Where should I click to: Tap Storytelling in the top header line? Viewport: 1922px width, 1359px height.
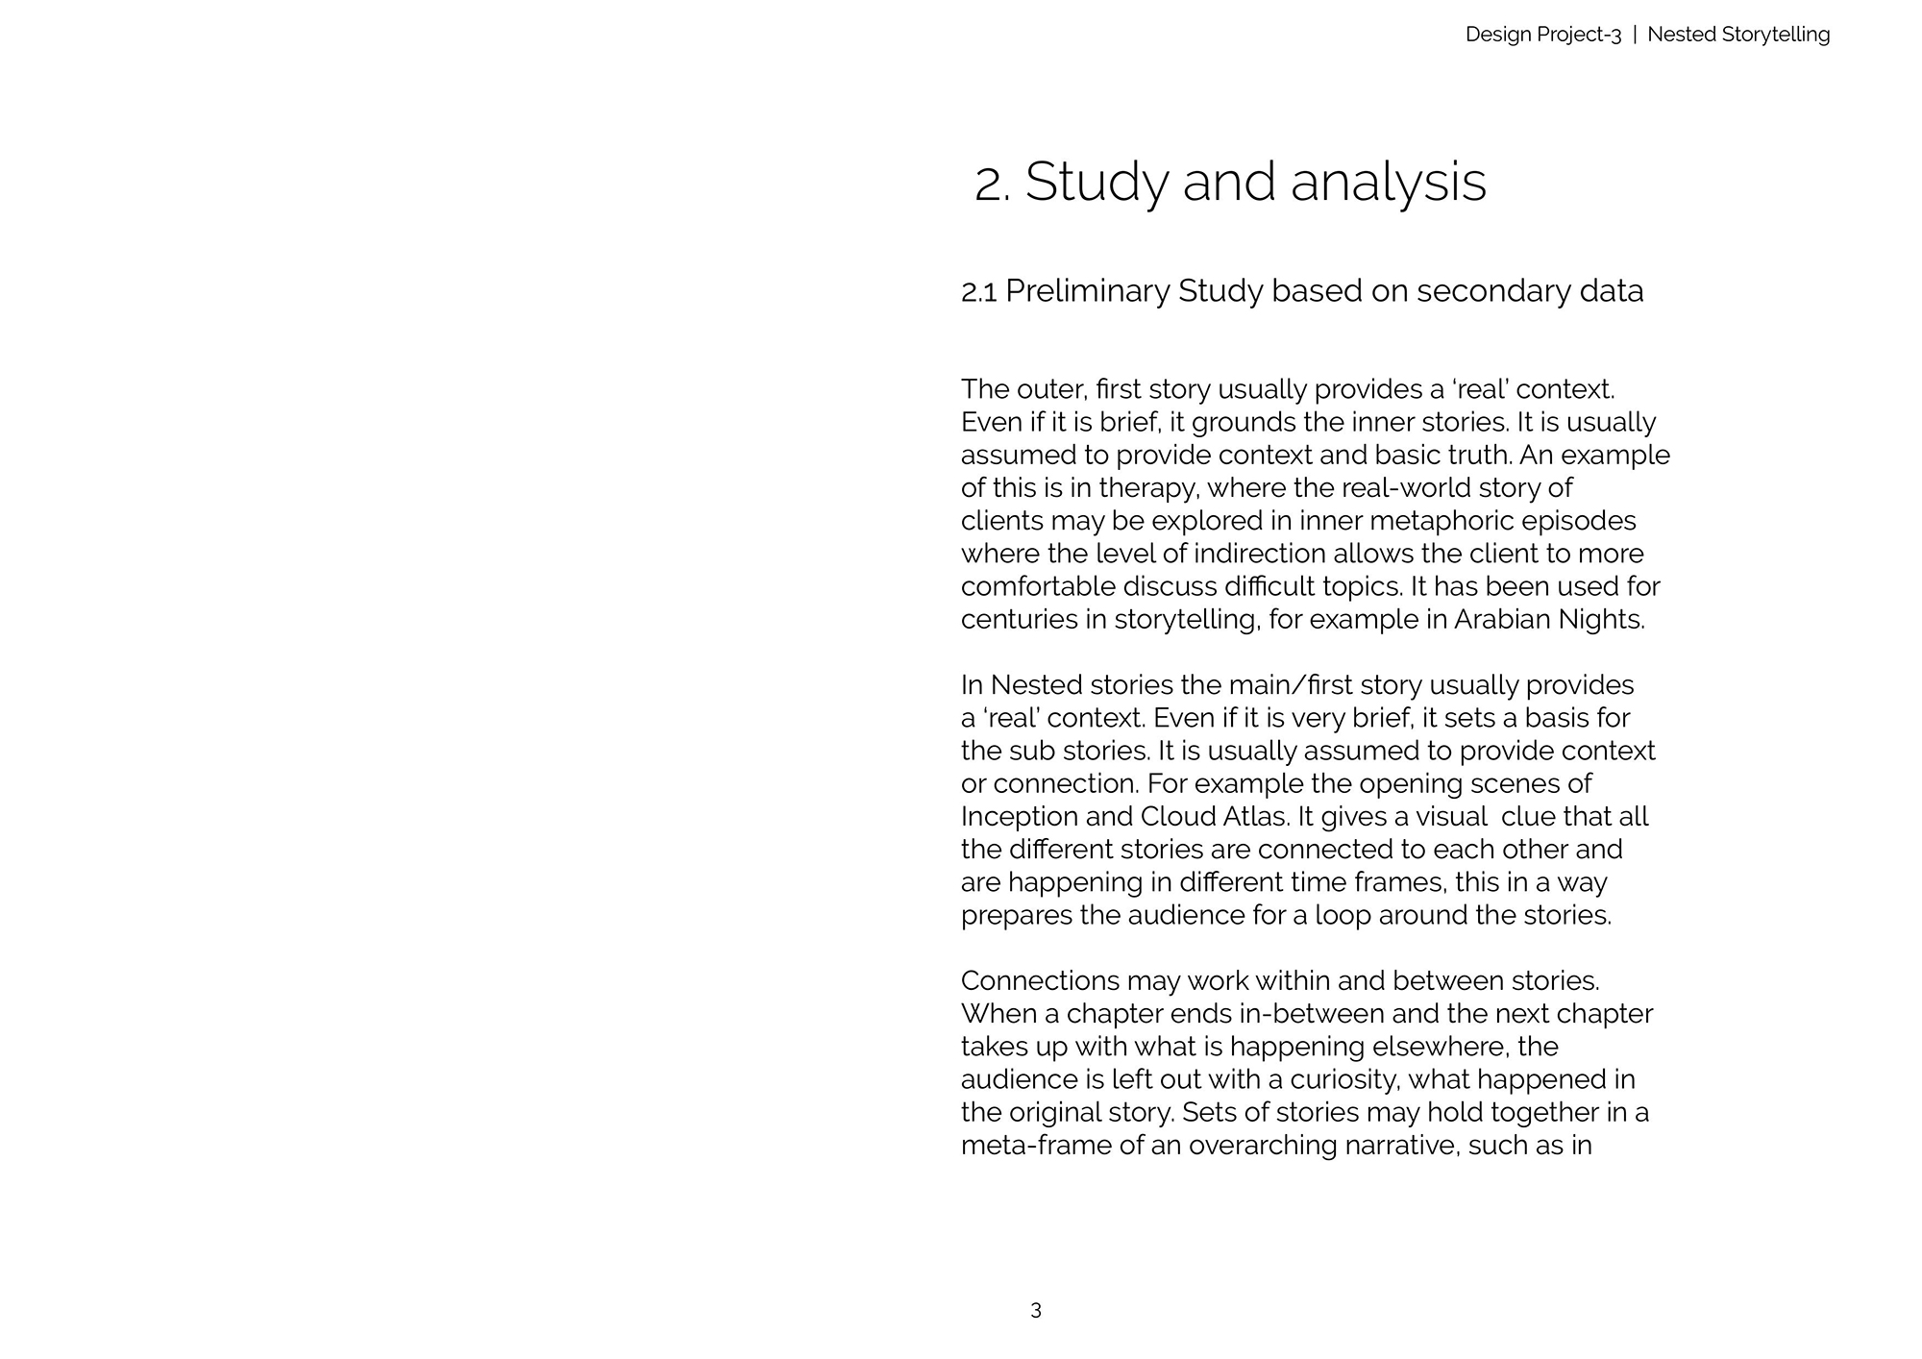(1776, 35)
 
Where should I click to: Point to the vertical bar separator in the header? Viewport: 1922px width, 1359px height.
(1635, 35)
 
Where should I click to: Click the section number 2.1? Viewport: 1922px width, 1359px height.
(978, 291)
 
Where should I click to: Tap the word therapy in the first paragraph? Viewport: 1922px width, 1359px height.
(1148, 488)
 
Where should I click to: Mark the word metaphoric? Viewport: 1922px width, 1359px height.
(1441, 521)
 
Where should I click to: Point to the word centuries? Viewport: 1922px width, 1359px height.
(1021, 620)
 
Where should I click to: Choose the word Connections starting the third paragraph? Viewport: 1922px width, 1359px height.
(1040, 981)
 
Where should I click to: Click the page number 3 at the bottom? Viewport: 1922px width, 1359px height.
(1036, 1310)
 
